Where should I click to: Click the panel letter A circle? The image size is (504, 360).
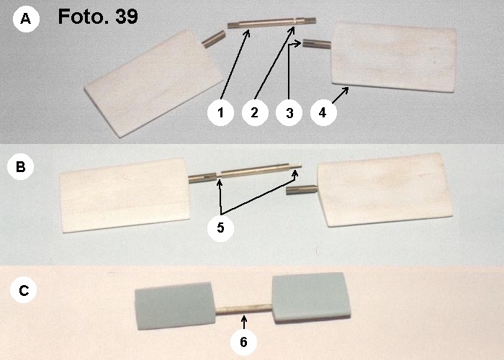pos(26,19)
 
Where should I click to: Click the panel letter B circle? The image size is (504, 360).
pos(21,167)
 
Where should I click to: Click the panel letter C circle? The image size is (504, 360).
pos(24,290)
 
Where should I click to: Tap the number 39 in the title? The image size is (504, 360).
pos(127,17)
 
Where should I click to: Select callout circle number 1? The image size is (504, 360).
pos(220,112)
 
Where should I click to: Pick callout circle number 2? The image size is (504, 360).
pos(255,112)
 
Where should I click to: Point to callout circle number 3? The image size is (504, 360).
pos(289,112)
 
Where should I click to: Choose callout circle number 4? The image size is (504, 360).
pos(323,112)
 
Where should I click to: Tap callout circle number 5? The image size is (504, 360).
pos(220,228)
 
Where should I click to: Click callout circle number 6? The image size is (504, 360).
pos(243,342)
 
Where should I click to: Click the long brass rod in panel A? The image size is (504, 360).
pos(271,23)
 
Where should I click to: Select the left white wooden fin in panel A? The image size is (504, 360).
pos(153,84)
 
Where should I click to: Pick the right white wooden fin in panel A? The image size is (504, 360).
pos(394,57)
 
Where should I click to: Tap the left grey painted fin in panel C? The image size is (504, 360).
pos(174,306)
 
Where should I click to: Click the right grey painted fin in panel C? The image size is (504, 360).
pos(310,297)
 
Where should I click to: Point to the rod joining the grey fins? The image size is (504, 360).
pos(243,310)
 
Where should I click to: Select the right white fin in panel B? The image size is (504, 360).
pos(384,189)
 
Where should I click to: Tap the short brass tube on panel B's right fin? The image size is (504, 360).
pos(302,190)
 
